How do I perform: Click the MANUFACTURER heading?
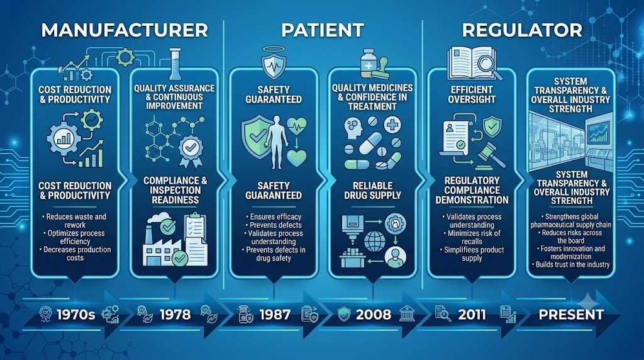point(125,30)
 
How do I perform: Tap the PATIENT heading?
point(323,30)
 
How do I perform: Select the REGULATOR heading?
point(522,30)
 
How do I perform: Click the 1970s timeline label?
point(75,315)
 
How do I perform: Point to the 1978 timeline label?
point(175,315)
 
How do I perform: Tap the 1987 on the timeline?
point(275,315)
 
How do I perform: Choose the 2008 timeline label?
point(374,315)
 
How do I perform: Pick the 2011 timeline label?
point(472,315)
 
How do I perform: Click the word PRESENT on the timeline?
point(571,315)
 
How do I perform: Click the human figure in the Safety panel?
point(276,142)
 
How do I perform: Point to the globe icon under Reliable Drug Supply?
point(375,241)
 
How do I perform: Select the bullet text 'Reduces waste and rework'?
point(75,221)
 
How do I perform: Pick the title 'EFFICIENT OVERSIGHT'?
point(472,94)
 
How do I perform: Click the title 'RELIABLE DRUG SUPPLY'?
point(372,191)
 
